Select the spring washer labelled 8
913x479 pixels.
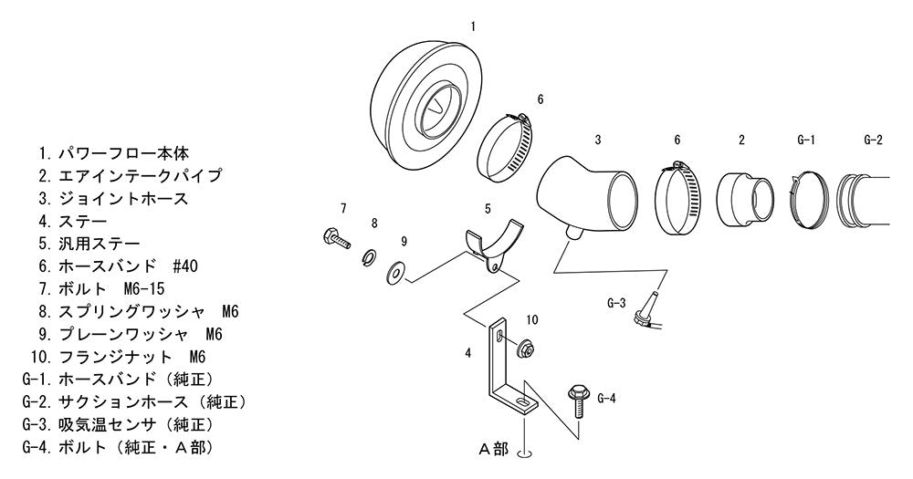[369, 255]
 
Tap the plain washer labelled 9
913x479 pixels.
[396, 272]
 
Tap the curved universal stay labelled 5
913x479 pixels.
[496, 247]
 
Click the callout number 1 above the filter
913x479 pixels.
[473, 26]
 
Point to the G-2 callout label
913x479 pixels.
[872, 140]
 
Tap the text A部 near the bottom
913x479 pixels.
[493, 449]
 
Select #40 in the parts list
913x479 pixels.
[185, 266]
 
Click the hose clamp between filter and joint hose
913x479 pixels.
[504, 147]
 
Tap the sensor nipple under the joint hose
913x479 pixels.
[573, 233]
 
